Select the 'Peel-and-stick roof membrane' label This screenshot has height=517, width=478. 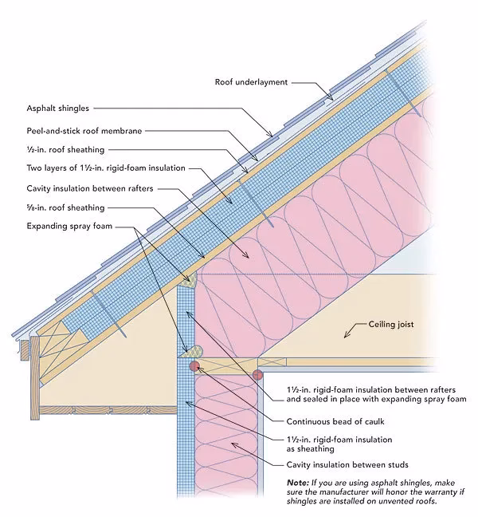[85, 128]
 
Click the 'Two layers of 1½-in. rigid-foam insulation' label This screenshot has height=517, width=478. [105, 168]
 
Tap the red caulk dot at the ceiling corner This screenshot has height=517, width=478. [257, 375]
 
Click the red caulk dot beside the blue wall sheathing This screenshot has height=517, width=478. [194, 365]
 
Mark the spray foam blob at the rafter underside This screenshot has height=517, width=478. [190, 279]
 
